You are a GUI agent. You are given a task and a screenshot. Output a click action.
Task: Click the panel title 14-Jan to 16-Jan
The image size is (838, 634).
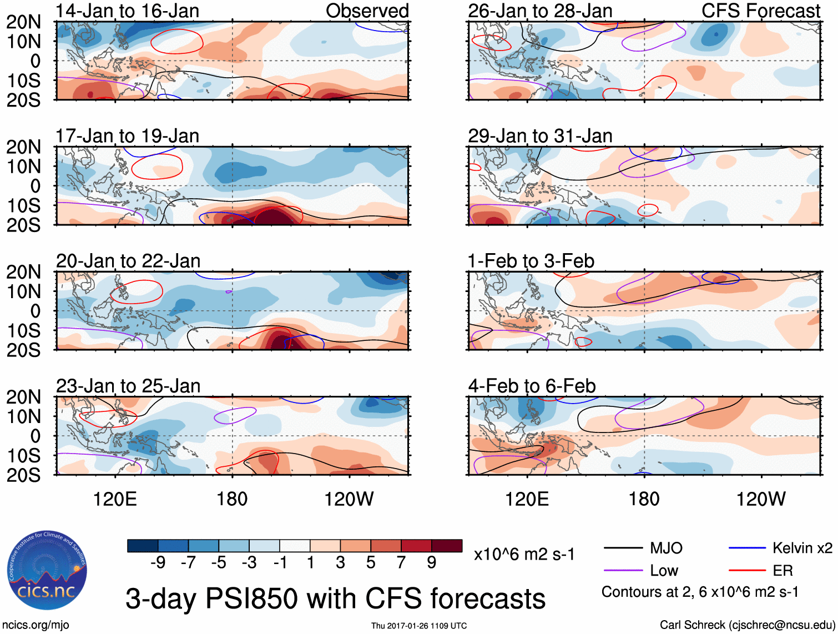(127, 11)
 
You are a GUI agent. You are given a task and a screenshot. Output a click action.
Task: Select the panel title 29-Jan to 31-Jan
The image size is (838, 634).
(540, 136)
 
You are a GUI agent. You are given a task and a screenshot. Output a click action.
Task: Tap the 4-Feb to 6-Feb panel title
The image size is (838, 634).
(532, 386)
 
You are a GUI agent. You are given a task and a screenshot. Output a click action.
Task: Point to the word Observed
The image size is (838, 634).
(367, 11)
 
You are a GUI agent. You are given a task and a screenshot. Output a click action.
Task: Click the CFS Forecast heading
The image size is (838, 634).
(760, 11)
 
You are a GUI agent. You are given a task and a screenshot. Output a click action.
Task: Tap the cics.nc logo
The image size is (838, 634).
(47, 572)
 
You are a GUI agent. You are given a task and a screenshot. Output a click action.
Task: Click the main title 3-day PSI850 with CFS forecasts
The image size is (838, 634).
(335, 599)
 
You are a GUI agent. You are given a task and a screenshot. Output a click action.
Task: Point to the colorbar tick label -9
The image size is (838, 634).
(158, 563)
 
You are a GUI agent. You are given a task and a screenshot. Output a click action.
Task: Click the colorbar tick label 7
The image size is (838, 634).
(401, 563)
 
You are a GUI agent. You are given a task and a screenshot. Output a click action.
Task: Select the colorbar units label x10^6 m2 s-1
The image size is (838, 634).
(524, 555)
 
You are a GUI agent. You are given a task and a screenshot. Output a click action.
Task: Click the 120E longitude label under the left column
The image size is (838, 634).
(115, 499)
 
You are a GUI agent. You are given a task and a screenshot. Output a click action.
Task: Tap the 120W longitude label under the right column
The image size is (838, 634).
(760, 499)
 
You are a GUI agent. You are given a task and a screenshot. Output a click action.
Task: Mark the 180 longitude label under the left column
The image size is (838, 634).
(232, 499)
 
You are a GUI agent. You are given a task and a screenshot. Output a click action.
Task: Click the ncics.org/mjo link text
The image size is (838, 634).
(35, 625)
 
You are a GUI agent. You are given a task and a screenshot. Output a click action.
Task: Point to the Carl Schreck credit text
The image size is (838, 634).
(747, 625)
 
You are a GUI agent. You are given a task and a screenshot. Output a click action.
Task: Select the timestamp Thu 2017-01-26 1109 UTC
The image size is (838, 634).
(419, 626)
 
